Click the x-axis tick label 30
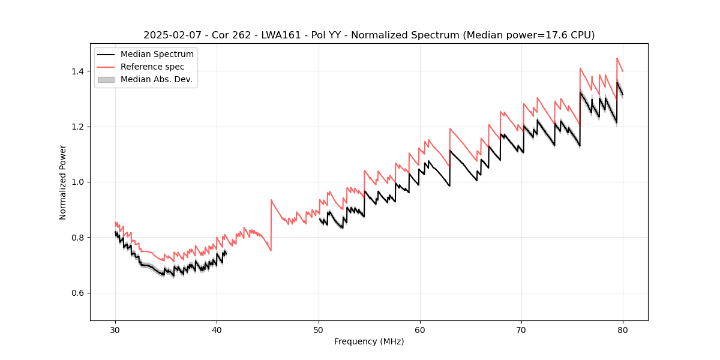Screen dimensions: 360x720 click(115, 330)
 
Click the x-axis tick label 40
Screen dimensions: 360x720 click(217, 330)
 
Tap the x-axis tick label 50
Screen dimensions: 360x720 click(318, 330)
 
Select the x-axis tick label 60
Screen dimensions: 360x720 click(419, 330)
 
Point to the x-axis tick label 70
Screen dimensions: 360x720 click(521, 330)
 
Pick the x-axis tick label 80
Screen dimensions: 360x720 click(623, 330)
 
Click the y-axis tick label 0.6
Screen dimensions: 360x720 click(77, 293)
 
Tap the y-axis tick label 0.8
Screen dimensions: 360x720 click(77, 238)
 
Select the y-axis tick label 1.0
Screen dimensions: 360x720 click(77, 182)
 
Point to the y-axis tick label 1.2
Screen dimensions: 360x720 click(77, 127)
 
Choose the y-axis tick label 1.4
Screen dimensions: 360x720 click(77, 71)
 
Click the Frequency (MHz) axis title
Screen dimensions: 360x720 click(369, 341)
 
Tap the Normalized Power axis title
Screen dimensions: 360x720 click(63, 182)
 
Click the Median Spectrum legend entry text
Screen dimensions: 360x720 click(157, 55)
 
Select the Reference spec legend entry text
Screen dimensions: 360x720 click(152, 67)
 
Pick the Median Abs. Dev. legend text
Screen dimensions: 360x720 click(156, 79)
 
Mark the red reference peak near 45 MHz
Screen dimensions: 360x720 click(271, 200)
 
